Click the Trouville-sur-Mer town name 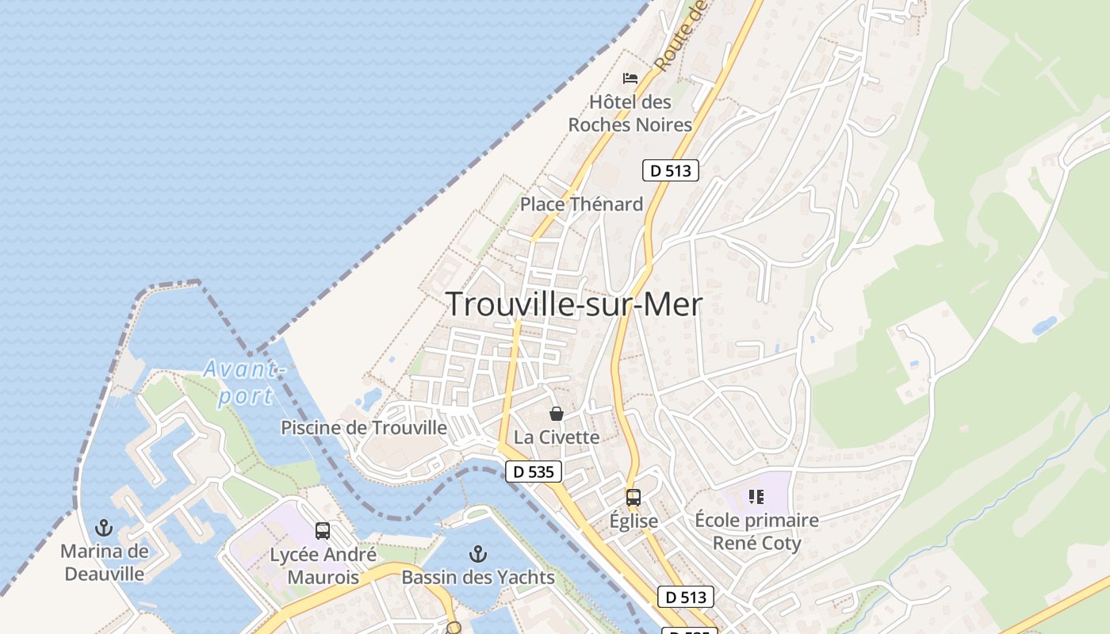(x=574, y=304)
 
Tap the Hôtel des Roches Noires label (x=630, y=113)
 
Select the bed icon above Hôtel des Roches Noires (x=630, y=78)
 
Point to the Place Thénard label (x=581, y=204)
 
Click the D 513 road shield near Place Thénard (x=670, y=170)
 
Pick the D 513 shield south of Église (x=685, y=597)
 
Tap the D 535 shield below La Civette (x=534, y=472)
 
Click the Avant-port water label (x=244, y=382)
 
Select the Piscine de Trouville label (x=364, y=428)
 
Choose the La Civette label (x=557, y=437)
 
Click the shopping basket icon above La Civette (x=557, y=414)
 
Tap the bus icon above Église (x=633, y=498)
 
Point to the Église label (x=633, y=521)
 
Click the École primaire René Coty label (x=756, y=532)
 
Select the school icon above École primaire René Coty (x=756, y=497)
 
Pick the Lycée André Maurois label (x=323, y=566)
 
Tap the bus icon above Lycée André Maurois (x=322, y=531)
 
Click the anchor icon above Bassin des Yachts (x=477, y=553)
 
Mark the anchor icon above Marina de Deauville (x=104, y=527)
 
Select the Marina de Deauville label (x=104, y=562)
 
